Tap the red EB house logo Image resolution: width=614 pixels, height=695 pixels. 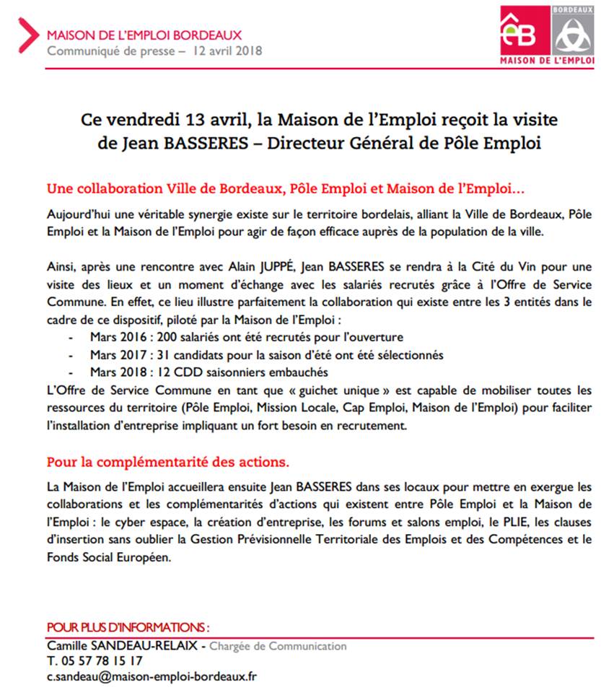[525, 30]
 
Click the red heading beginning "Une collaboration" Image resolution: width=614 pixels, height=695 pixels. [286, 189]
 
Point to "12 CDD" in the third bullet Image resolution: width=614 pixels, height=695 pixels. [166, 372]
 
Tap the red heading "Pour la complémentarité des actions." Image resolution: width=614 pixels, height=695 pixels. [169, 460]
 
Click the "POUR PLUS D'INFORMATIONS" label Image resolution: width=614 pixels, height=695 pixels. [128, 628]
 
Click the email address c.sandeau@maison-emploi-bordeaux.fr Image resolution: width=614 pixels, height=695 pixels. [152, 677]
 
